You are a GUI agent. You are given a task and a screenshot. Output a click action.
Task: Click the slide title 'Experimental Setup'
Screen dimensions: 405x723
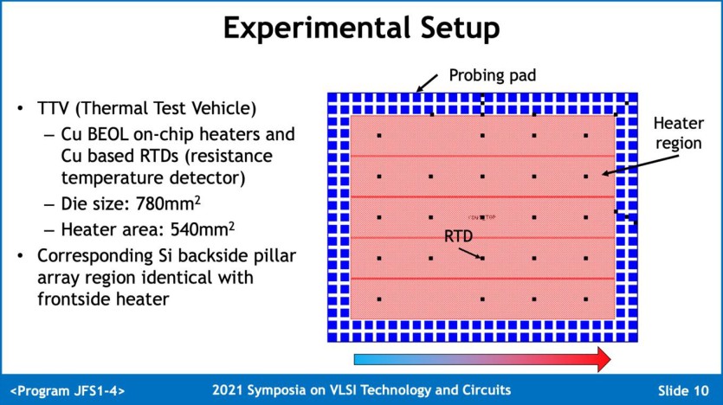point(361,28)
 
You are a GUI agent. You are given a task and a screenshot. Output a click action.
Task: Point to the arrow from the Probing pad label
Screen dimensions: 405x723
point(427,83)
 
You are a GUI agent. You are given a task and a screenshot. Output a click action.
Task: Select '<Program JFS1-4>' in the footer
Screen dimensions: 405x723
point(67,390)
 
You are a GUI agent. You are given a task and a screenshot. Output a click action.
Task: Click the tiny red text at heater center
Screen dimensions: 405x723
point(481,216)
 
